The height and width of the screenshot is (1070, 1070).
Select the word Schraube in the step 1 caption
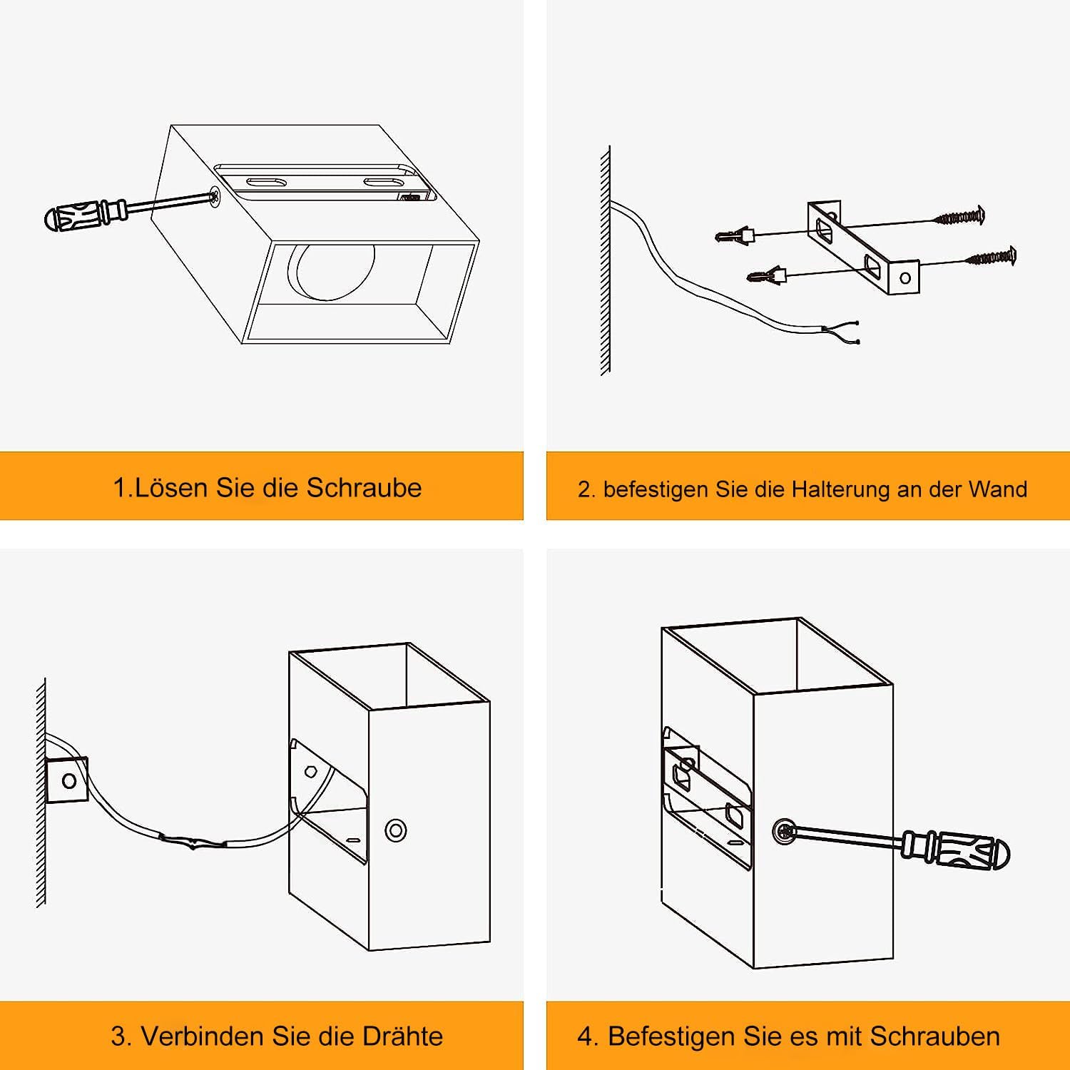364,487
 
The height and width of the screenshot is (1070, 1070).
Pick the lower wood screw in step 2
990,258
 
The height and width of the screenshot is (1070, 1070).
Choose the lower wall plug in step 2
766,274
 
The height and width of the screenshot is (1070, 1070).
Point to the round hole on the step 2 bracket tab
905,278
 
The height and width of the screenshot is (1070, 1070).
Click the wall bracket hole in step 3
69,780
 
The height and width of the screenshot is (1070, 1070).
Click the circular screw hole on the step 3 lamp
395,830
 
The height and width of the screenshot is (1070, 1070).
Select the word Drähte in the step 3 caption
403,1036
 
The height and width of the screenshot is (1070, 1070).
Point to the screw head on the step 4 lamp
783,831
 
